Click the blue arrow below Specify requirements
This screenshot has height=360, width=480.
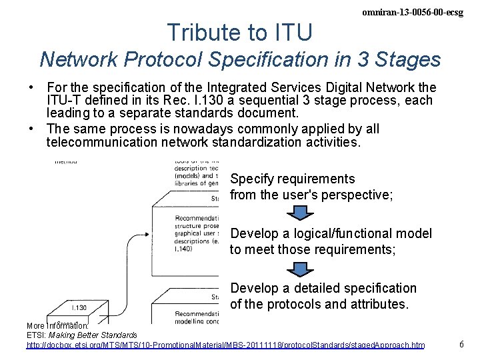[x=299, y=213]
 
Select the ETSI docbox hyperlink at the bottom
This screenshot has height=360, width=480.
[x=225, y=345]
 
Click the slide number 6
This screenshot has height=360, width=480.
[x=462, y=344]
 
